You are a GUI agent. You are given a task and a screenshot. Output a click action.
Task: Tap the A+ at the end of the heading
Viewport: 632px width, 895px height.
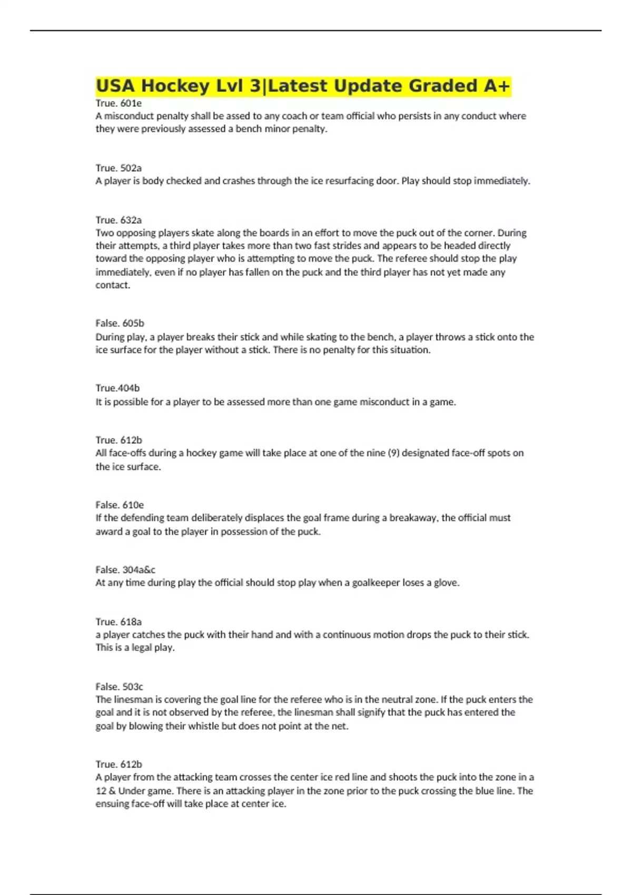click(497, 86)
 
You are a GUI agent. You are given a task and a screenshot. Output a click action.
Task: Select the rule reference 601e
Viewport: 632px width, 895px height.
click(131, 103)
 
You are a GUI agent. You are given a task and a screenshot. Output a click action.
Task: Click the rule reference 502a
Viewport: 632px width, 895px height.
click(131, 168)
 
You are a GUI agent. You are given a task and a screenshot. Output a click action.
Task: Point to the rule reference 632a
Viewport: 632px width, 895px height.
click(131, 220)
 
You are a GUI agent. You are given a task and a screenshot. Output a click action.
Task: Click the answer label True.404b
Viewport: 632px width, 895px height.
click(117, 388)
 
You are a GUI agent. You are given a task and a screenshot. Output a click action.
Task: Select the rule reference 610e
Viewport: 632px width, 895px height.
click(133, 505)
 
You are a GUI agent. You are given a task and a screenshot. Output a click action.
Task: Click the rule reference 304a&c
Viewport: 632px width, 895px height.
click(139, 570)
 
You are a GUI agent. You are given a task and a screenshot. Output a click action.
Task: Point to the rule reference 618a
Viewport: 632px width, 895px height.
click(131, 622)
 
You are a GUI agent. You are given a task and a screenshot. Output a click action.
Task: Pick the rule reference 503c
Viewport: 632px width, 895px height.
click(133, 687)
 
